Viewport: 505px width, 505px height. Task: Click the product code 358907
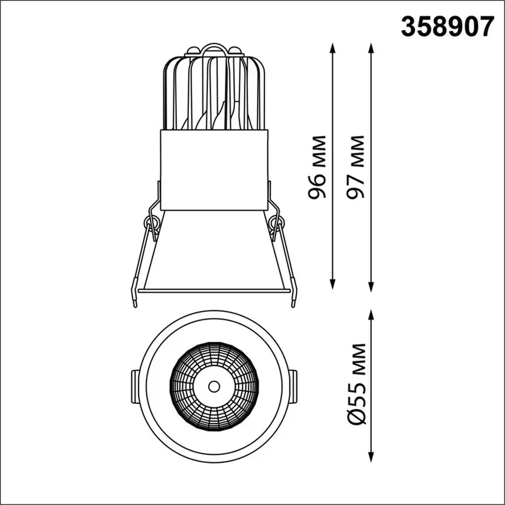pos(447,27)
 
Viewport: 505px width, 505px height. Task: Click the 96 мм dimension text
pos(317,167)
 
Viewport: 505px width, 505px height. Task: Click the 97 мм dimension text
pos(355,167)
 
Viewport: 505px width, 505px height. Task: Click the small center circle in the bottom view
pos(214,386)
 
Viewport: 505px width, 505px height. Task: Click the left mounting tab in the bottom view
pos(135,386)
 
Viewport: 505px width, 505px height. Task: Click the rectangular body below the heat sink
pos(214,170)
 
